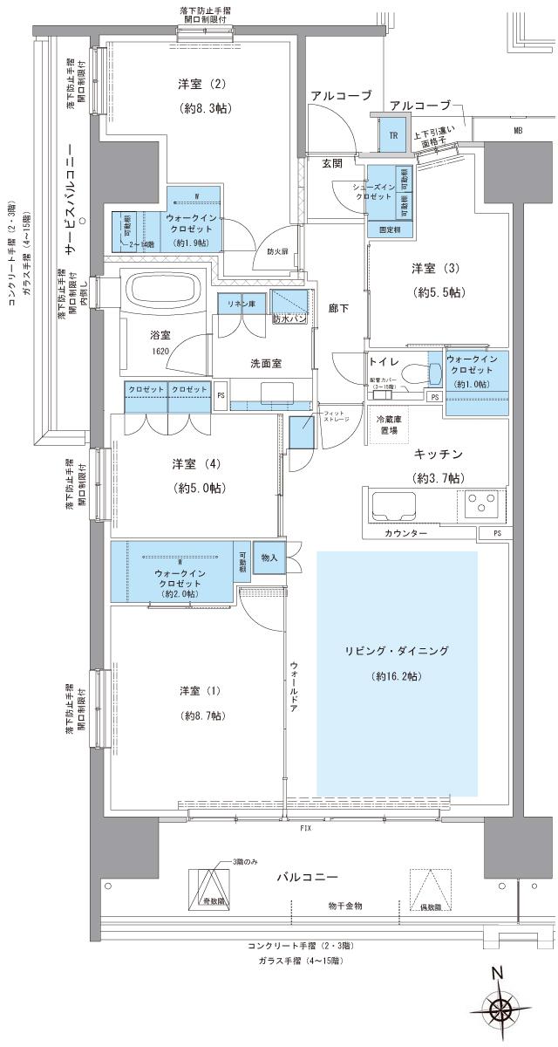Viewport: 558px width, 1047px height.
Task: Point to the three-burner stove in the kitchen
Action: tap(480, 505)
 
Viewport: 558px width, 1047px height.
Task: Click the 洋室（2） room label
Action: tap(202, 84)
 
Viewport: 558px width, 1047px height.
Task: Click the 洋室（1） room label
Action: tap(201, 691)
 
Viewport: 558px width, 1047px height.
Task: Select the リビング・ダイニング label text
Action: tap(396, 652)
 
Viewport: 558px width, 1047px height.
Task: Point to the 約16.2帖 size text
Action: tap(396, 676)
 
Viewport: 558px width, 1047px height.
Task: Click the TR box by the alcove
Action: tap(393, 135)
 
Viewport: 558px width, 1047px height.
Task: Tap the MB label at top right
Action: tap(518, 130)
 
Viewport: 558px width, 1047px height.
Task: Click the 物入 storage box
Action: tap(269, 558)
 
